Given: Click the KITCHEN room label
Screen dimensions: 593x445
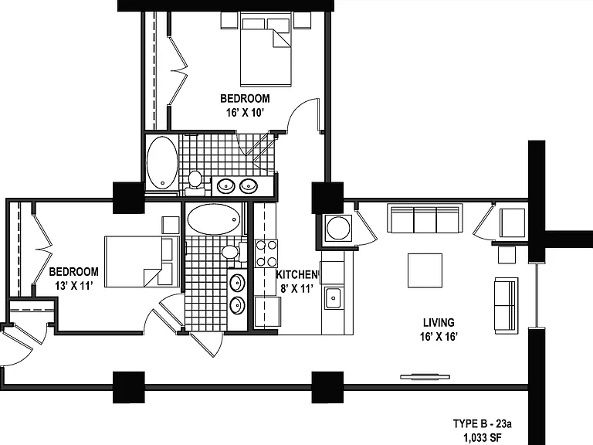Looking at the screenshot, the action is (x=296, y=274).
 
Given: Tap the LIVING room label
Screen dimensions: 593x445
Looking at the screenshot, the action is (x=439, y=322).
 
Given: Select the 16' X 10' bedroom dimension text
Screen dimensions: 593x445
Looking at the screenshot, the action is (x=245, y=113).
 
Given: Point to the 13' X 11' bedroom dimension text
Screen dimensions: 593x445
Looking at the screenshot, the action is (x=74, y=286).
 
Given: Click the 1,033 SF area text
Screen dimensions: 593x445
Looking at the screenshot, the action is (x=483, y=438).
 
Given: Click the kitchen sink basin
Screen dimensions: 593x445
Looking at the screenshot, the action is (x=334, y=297).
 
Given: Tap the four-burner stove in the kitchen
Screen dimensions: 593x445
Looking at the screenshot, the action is (x=266, y=253).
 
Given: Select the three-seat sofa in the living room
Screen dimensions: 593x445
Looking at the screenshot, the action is (x=425, y=219).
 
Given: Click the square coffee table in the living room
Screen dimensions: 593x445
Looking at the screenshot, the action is (x=425, y=270).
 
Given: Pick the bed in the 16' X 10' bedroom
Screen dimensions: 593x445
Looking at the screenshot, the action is (x=266, y=49).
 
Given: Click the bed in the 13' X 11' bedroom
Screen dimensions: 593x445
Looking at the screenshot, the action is (x=142, y=261).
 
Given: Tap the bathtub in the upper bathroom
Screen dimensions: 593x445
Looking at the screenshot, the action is (x=162, y=163).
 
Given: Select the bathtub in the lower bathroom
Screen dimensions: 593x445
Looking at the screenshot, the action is (x=214, y=219).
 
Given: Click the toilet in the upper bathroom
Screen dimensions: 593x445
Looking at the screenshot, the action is (x=195, y=182).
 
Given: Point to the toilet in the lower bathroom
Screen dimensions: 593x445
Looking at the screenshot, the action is (x=233, y=252).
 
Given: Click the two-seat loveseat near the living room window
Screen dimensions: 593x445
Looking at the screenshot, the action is (x=506, y=305).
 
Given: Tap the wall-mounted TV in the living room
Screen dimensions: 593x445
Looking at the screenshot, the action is (x=425, y=376).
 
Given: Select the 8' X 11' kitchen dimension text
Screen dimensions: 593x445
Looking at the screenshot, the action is (x=296, y=289).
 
